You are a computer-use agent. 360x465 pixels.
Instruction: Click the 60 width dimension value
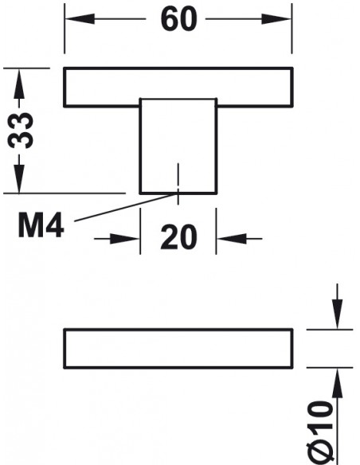(178, 19)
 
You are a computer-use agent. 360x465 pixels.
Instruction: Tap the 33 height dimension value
(20, 130)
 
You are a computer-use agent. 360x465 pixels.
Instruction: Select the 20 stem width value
(178, 237)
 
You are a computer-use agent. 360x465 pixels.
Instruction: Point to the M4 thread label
(41, 225)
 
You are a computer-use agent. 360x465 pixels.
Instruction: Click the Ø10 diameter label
(319, 432)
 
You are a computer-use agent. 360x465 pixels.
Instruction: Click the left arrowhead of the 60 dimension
(80, 18)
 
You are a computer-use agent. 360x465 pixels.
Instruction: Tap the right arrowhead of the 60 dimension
(276, 18)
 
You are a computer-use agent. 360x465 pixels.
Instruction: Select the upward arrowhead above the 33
(19, 84)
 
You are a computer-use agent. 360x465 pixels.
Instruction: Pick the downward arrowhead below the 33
(19, 178)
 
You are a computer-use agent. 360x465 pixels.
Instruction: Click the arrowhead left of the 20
(124, 238)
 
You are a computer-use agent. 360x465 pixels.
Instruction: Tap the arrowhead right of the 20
(232, 238)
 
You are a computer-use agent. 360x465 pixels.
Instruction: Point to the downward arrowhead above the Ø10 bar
(337, 314)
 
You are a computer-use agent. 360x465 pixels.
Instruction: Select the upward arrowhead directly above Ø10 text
(337, 383)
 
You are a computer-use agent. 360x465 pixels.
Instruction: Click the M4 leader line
(126, 207)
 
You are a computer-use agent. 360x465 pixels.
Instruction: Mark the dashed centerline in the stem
(178, 184)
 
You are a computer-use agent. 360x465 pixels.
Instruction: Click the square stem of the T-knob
(178, 146)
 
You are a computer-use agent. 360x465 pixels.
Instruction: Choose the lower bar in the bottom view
(178, 349)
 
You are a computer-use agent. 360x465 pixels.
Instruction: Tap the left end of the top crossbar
(65, 87)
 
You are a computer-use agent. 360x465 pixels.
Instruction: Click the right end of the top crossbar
(292, 87)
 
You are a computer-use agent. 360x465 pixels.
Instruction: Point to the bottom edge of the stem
(178, 193)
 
